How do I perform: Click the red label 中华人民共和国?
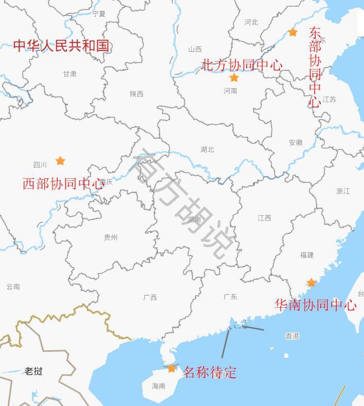(61, 46)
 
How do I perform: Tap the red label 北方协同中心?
(241, 65)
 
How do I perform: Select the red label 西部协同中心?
(63, 184)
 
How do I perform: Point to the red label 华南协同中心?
(315, 305)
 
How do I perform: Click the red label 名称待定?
(210, 372)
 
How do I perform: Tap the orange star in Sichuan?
(60, 161)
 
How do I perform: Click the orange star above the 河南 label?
(234, 78)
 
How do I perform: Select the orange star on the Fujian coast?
(311, 283)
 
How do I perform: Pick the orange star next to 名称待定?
(171, 368)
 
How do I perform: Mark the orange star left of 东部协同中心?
(292, 32)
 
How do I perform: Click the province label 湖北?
(207, 150)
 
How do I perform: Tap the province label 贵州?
(111, 237)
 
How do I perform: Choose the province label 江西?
(264, 218)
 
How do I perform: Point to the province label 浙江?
(343, 191)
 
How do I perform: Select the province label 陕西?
(136, 94)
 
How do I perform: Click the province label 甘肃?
(70, 74)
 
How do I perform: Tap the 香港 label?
(292, 336)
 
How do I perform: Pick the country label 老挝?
(33, 371)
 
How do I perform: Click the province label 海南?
(159, 386)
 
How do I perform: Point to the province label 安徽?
(296, 142)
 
